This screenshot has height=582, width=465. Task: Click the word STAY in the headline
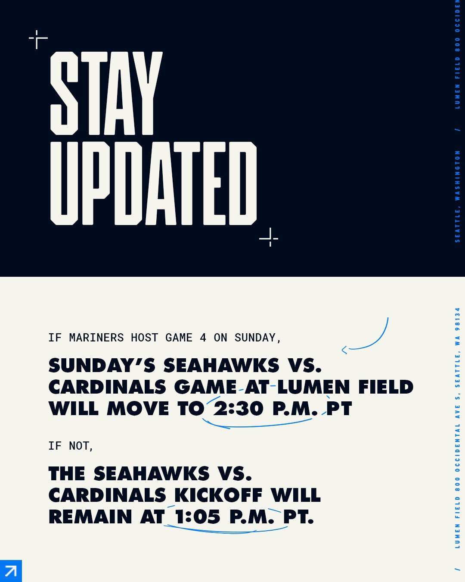click(106, 93)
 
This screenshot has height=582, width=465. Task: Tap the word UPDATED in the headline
click(153, 183)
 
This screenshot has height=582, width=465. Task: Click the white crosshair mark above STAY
click(38, 39)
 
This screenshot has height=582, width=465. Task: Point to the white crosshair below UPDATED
click(269, 238)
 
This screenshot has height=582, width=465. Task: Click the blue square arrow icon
click(11, 571)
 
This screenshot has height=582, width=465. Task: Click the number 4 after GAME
click(203, 338)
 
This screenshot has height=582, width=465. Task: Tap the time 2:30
click(238, 409)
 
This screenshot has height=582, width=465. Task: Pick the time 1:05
click(197, 516)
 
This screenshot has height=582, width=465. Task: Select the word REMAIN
click(90, 516)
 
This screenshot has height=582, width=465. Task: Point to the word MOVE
click(138, 409)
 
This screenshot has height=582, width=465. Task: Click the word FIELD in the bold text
click(385, 387)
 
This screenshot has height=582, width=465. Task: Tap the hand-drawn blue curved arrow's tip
click(343, 350)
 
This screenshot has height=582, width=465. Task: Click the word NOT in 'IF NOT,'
click(79, 445)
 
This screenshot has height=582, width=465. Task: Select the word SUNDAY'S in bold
click(102, 366)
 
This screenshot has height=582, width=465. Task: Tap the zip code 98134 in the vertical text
click(457, 317)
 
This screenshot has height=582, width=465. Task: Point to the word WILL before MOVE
click(73, 409)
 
